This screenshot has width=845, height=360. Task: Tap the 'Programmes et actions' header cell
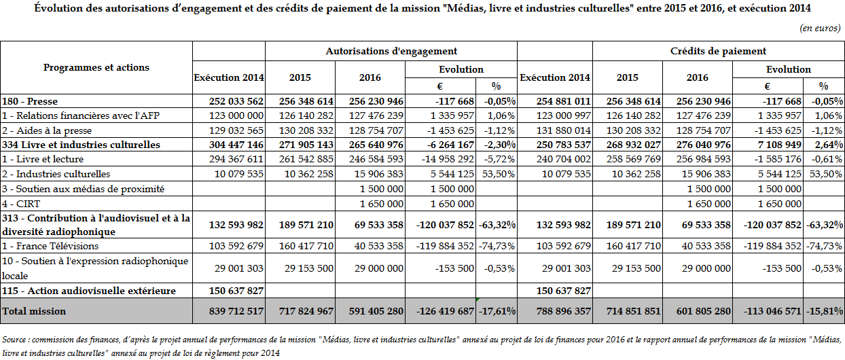click(x=96, y=67)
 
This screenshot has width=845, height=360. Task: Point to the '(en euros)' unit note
click(x=821, y=28)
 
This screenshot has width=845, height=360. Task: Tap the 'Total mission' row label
click(x=35, y=311)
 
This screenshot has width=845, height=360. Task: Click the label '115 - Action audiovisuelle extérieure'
click(x=89, y=291)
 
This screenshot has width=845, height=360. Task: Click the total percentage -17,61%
click(x=498, y=311)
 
